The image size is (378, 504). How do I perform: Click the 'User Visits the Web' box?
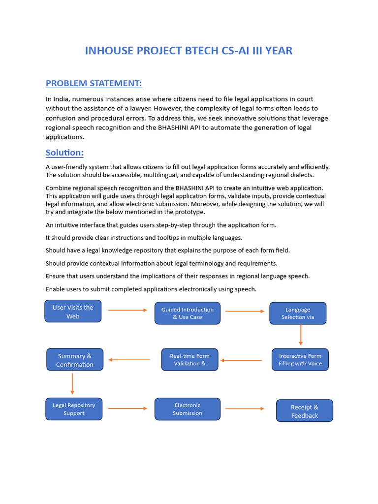73,311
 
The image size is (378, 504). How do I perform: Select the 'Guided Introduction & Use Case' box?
188,313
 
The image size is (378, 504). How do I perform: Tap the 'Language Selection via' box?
298,313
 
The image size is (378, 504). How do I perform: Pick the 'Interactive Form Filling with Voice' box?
300,360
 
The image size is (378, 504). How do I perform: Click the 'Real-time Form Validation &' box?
189,360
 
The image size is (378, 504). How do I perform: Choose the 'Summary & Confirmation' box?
75,360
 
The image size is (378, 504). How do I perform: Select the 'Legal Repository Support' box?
74,409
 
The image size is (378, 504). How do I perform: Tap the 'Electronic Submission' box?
188,409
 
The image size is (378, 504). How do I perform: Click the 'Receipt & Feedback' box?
305,411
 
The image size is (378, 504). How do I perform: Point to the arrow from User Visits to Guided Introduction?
127,310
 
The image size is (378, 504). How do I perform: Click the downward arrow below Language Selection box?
300,335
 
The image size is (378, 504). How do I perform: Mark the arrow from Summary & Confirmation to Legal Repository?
72,383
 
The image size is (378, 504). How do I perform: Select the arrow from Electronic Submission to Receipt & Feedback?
245,409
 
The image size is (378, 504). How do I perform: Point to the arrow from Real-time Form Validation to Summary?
129,360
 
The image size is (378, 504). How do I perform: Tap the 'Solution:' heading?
64,152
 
